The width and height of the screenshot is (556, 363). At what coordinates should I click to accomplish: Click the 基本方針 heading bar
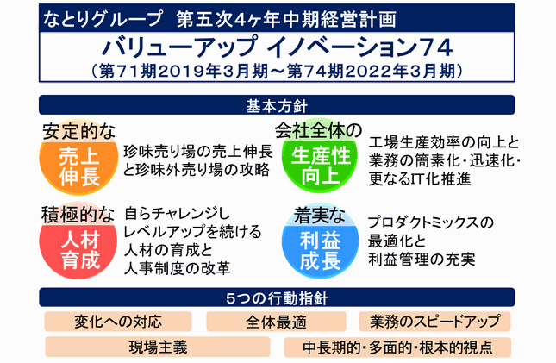pyautogui.click(x=277, y=105)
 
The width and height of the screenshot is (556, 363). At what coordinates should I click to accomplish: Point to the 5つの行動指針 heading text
pyautogui.click(x=277, y=298)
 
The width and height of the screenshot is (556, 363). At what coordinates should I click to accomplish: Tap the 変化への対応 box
pyautogui.click(x=118, y=322)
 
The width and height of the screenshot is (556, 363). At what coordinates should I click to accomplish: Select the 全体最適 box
pyautogui.click(x=276, y=322)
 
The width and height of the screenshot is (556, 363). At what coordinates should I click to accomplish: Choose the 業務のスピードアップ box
pyautogui.click(x=434, y=322)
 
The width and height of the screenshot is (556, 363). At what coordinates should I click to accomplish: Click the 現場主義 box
pyautogui.click(x=158, y=347)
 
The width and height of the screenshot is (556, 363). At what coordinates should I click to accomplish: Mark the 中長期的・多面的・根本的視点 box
pyautogui.click(x=397, y=347)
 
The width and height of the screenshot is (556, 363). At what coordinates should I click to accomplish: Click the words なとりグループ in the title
pyautogui.click(x=102, y=19)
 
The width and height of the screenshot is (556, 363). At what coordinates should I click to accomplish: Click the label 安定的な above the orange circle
pyautogui.click(x=78, y=131)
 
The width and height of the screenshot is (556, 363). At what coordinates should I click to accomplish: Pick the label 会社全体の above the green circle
pyautogui.click(x=318, y=130)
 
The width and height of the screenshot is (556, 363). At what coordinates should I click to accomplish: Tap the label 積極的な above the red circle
pyautogui.click(x=78, y=215)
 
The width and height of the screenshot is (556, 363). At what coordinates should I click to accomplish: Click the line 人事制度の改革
pyautogui.click(x=178, y=268)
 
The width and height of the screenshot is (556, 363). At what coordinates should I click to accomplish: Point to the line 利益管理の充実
pyautogui.click(x=422, y=260)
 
